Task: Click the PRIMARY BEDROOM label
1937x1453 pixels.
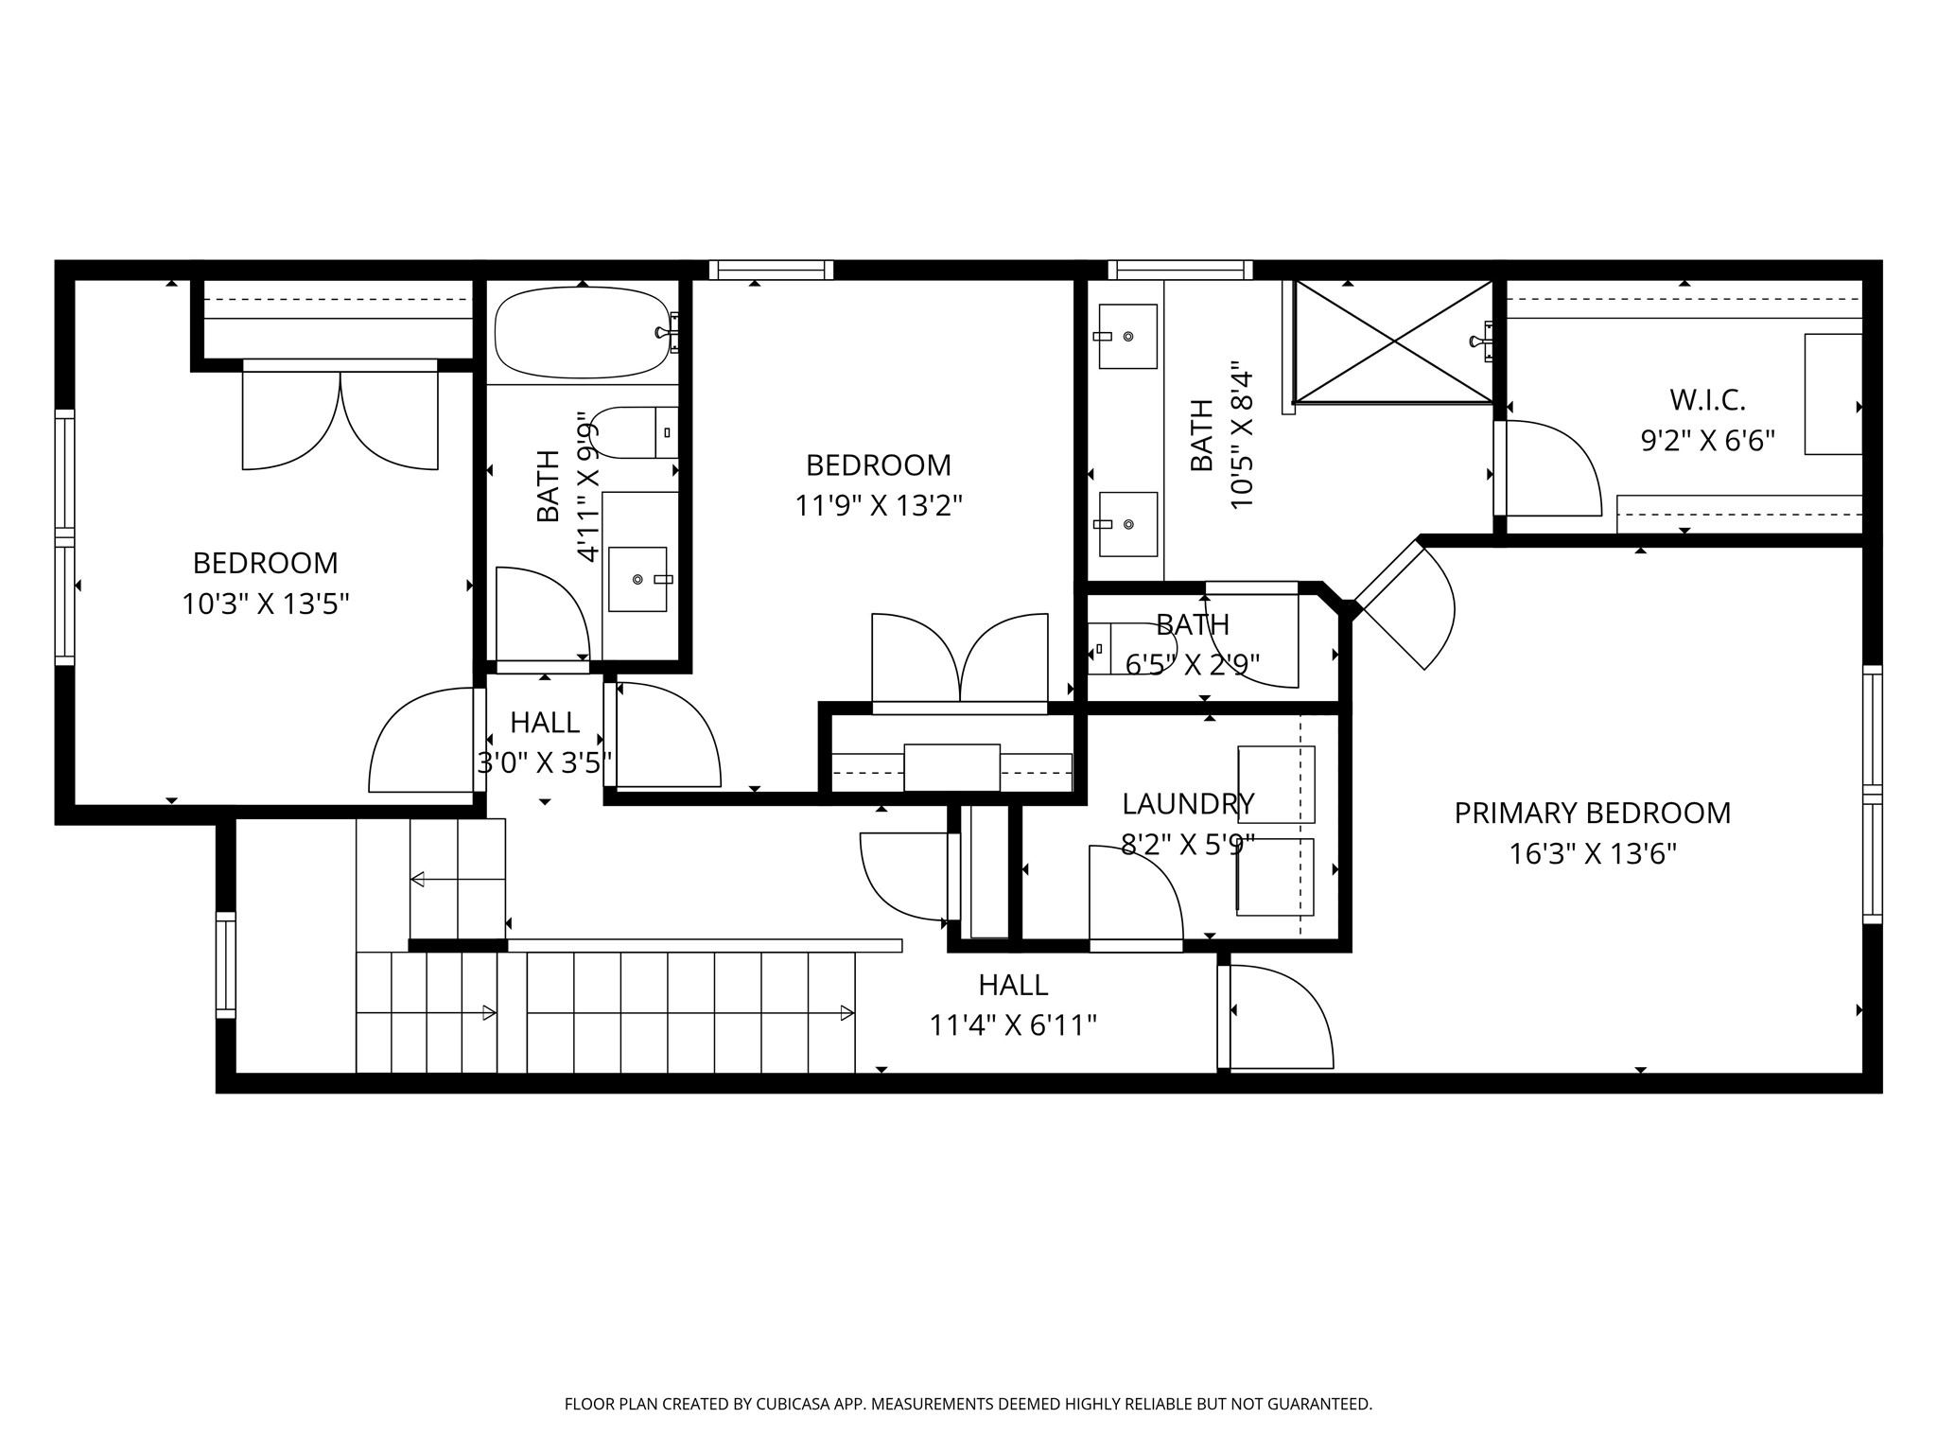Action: [x=1592, y=814]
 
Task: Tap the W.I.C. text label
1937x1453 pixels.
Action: [x=1706, y=400]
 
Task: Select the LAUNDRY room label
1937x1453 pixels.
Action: [x=1187, y=804]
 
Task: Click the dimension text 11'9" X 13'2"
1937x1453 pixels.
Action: [x=878, y=506]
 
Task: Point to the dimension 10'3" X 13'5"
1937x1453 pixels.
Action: [x=265, y=604]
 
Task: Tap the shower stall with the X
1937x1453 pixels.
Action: [x=1392, y=341]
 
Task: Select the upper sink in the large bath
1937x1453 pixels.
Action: [x=1126, y=336]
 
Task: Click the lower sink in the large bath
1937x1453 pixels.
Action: [x=1126, y=524]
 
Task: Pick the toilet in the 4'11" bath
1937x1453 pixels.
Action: [x=632, y=432]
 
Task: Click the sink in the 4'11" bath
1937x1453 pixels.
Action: [x=638, y=579]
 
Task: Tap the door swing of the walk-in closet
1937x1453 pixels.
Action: [x=1551, y=469]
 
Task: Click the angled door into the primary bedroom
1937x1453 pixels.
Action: [x=1405, y=605]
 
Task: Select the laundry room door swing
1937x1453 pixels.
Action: [x=1135, y=894]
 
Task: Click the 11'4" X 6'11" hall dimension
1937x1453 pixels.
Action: [x=1012, y=1025]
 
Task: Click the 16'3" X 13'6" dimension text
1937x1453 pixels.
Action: [x=1592, y=854]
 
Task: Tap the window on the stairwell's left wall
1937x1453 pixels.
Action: [x=226, y=965]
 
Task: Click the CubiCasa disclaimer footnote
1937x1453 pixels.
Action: [x=968, y=1404]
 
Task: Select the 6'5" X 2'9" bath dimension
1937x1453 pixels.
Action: [x=1192, y=666]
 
